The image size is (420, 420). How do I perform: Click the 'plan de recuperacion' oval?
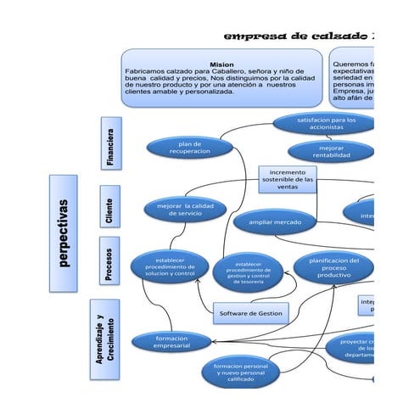click(190, 148)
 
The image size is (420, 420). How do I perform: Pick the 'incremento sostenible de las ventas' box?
click(288, 180)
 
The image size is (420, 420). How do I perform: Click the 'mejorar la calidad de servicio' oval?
click(186, 208)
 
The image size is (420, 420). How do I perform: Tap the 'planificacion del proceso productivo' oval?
click(333, 268)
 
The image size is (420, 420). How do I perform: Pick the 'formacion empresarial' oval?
click(171, 341)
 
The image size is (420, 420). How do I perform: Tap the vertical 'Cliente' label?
click(109, 208)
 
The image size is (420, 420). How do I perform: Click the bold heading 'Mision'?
click(221, 64)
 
